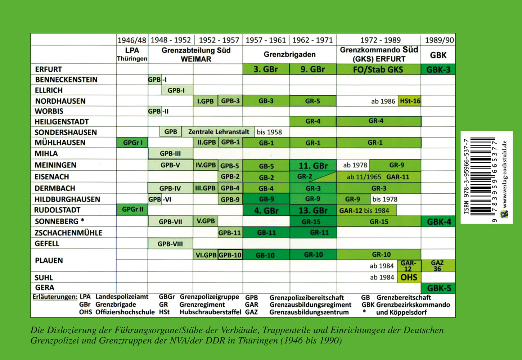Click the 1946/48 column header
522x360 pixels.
[132, 40]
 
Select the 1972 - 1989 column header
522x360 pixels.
[380, 40]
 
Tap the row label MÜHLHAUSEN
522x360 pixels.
[60, 143]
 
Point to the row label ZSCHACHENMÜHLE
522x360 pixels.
[68, 233]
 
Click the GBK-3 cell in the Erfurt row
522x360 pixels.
[438, 69]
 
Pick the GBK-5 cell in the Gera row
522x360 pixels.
[438, 288]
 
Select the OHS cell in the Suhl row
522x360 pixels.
[409, 277]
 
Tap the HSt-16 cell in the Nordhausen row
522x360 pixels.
[410, 101]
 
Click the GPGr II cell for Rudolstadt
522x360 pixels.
[132, 210]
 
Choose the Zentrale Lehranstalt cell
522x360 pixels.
[219, 132]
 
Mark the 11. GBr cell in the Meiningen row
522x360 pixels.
[313, 166]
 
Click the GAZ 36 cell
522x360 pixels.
[437, 266]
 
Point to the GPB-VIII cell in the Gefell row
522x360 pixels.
[170, 244]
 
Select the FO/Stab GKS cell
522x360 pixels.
[378, 69]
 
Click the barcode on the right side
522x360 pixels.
[482, 177]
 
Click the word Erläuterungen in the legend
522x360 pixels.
[55, 297]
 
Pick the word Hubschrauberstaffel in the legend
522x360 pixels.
[210, 312]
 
